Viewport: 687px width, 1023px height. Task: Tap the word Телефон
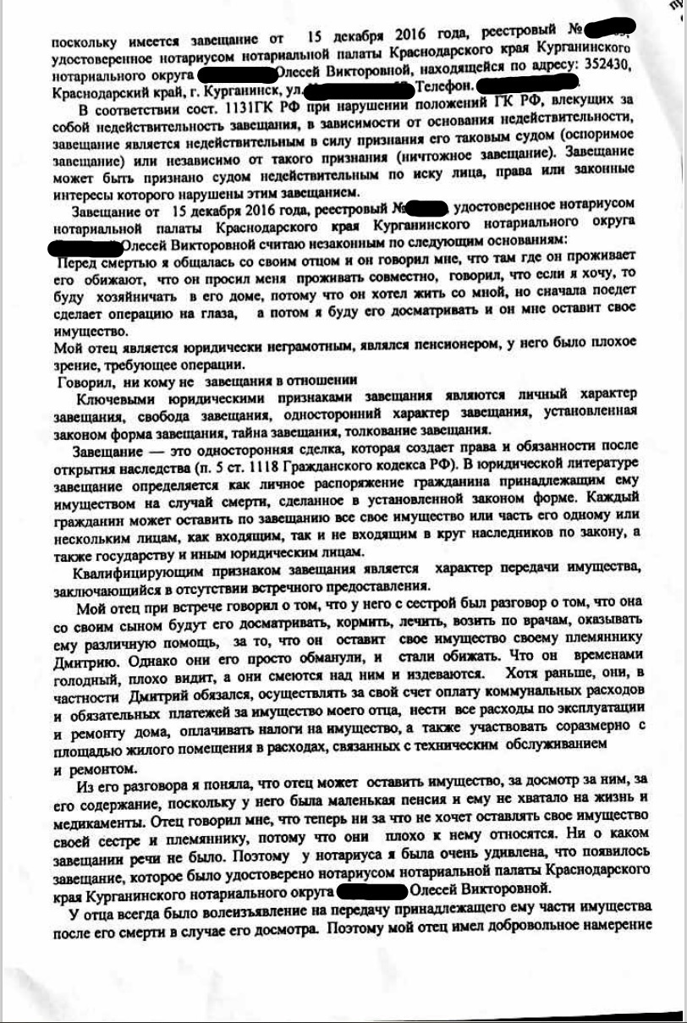pyautogui.click(x=442, y=85)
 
